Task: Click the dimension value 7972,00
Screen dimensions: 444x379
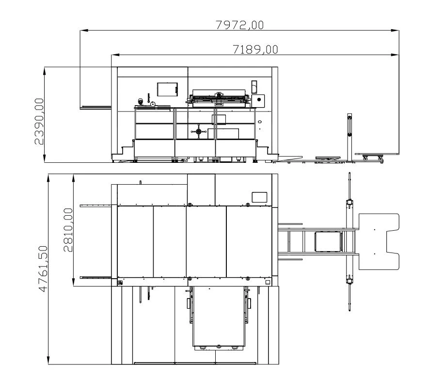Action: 239,25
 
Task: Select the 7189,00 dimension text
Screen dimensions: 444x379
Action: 255,49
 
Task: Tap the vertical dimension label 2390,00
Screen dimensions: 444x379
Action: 39,122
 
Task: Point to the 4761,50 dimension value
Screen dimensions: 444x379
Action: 43,268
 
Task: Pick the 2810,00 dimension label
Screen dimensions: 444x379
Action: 68,230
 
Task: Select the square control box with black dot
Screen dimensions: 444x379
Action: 258,101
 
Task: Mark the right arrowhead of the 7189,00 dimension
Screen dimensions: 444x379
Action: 395,55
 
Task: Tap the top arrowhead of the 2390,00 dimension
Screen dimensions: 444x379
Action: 45,71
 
